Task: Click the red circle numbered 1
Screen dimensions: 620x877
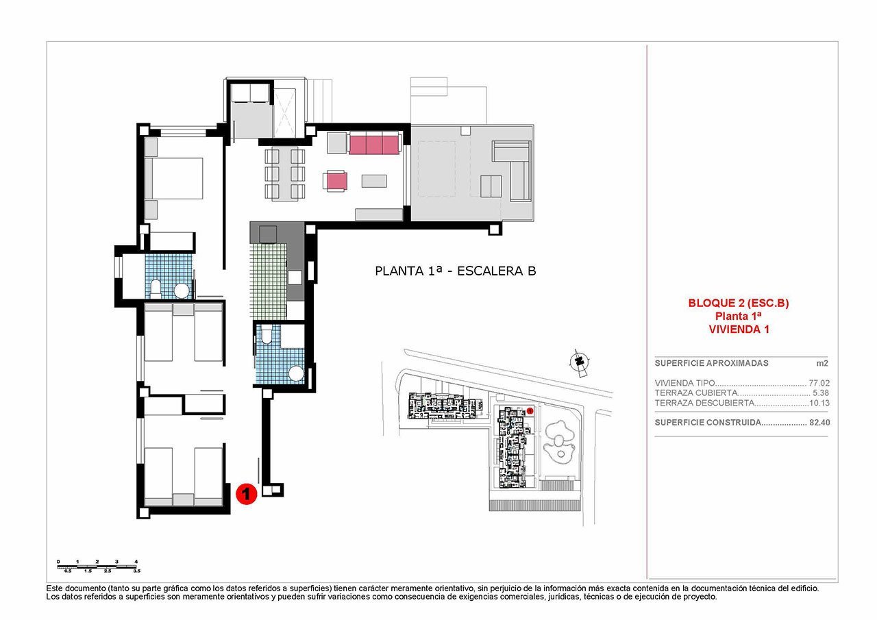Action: coord(246,494)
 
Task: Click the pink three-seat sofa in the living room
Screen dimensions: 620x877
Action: coord(374,144)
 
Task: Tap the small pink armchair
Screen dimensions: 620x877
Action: coord(336,181)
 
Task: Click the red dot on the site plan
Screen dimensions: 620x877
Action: coord(530,411)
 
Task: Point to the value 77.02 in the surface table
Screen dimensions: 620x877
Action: coord(819,384)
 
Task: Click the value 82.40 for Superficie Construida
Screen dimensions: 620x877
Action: coord(819,423)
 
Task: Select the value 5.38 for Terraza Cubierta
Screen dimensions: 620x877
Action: coord(821,393)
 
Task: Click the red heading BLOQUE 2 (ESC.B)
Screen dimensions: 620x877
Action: coord(739,303)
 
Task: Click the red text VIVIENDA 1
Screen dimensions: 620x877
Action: coord(739,329)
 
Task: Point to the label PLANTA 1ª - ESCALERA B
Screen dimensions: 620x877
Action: coord(456,271)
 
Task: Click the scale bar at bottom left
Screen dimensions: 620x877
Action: coord(99,566)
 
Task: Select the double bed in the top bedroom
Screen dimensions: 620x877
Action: coord(176,178)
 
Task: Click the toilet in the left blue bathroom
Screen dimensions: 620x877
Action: coord(156,289)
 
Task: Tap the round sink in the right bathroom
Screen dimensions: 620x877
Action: coord(296,374)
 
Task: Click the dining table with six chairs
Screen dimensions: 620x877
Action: coord(284,174)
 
